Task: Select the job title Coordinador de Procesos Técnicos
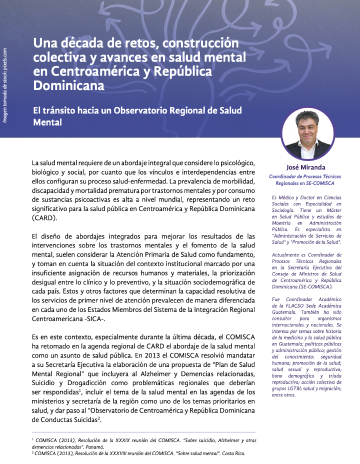coord(305,176)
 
